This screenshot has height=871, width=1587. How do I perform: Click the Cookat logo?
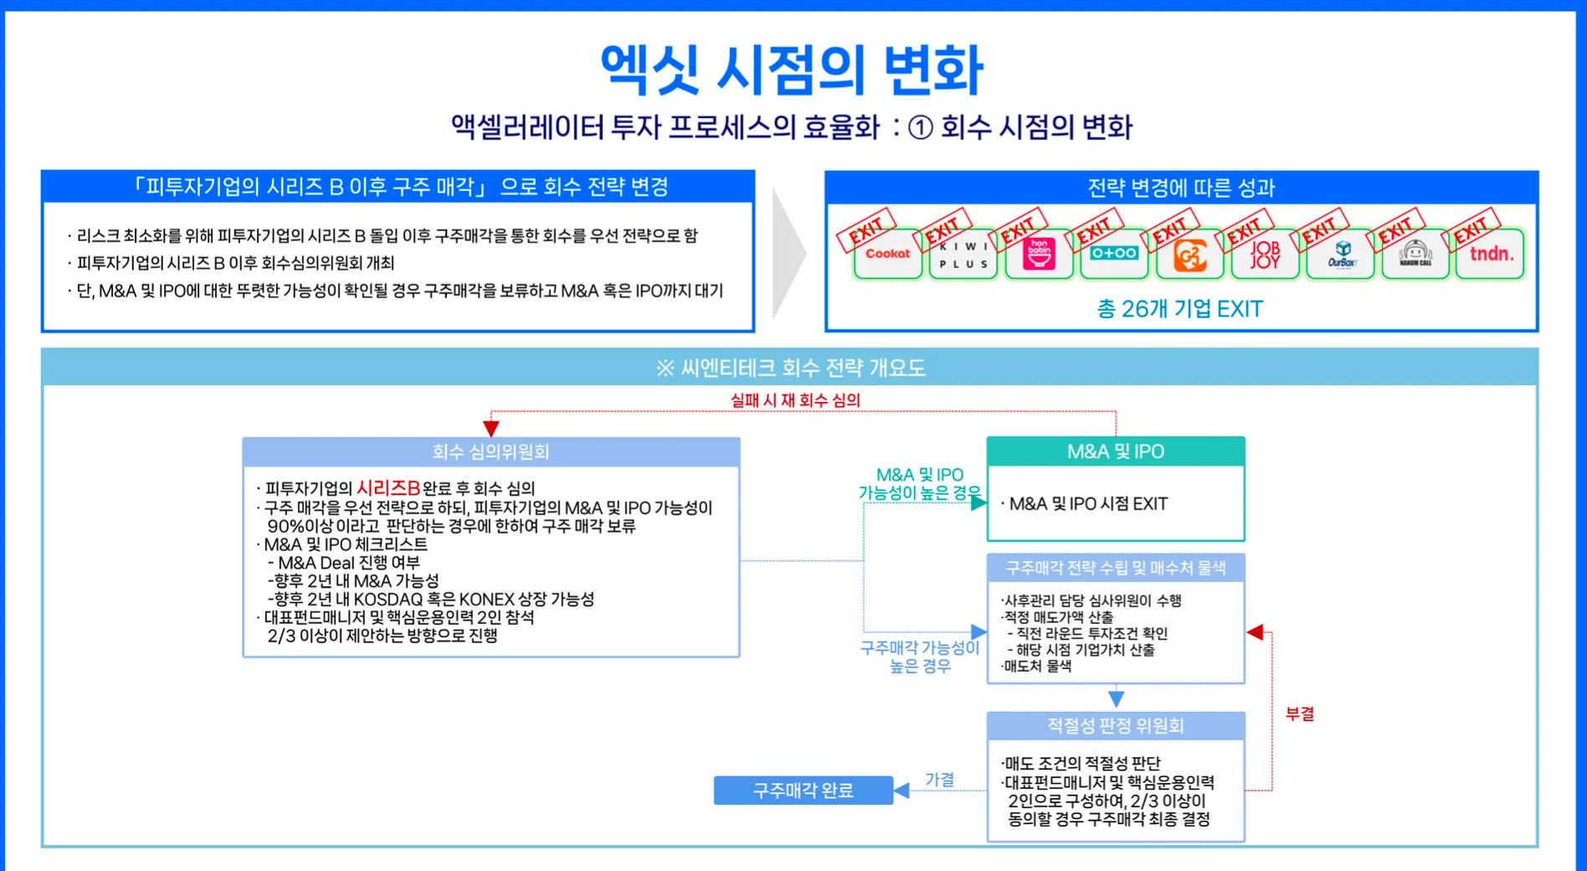pyautogui.click(x=887, y=254)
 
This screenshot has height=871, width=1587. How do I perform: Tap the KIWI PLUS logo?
pyautogui.click(x=963, y=255)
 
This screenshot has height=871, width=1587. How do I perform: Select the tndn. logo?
pyautogui.click(x=1492, y=254)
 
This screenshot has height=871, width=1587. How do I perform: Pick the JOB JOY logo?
pyautogui.click(x=1265, y=255)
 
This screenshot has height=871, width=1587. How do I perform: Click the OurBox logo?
pyautogui.click(x=1341, y=255)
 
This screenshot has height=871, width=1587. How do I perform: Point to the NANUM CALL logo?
pyautogui.click(x=1415, y=255)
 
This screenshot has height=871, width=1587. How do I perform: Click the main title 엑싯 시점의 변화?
pyautogui.click(x=792, y=70)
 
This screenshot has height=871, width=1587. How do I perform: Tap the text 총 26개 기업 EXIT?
pyautogui.click(x=1179, y=309)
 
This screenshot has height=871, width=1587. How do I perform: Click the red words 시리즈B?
pyautogui.click(x=388, y=488)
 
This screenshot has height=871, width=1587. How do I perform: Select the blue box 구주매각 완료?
pyautogui.click(x=803, y=791)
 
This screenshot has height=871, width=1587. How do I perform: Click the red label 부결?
pyautogui.click(x=1300, y=714)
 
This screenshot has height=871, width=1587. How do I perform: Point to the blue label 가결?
pyautogui.click(x=939, y=780)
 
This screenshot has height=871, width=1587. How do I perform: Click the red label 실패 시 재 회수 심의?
pyautogui.click(x=794, y=400)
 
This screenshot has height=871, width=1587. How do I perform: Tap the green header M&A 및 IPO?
pyautogui.click(x=1115, y=452)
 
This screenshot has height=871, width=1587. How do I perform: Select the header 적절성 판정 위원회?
pyautogui.click(x=1115, y=726)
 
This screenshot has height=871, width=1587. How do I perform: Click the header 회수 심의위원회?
pyautogui.click(x=490, y=452)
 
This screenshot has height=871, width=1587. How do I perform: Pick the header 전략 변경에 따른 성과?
pyautogui.click(x=1180, y=188)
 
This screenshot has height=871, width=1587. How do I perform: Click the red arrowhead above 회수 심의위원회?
pyautogui.click(x=491, y=428)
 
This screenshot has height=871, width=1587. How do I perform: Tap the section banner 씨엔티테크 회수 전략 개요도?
pyautogui.click(x=791, y=368)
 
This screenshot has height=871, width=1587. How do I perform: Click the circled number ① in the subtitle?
pyautogui.click(x=920, y=128)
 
